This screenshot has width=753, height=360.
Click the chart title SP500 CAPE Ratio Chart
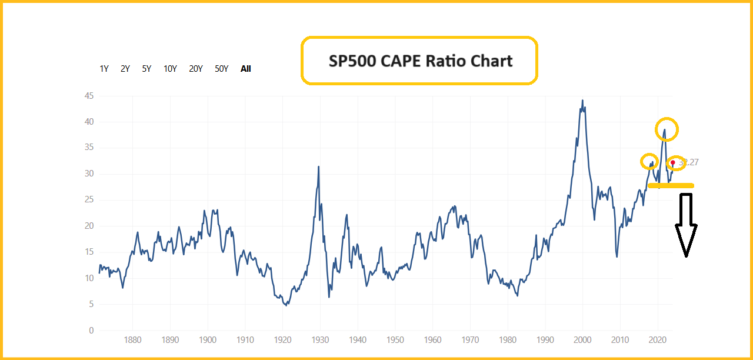[420, 61]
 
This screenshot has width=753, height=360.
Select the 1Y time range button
[104, 69]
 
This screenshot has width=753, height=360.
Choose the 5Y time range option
[146, 69]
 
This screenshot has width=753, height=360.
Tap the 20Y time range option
[196, 69]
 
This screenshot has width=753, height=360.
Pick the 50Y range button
[221, 69]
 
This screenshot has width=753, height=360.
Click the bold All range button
[246, 69]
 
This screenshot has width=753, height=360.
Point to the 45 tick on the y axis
[89, 96]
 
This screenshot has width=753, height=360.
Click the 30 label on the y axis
[89, 174]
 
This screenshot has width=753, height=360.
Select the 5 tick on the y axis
[91, 305]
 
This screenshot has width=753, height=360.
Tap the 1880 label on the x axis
[132, 340]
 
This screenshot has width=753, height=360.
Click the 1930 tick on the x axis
[320, 340]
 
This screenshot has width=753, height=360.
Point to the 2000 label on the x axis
[582, 340]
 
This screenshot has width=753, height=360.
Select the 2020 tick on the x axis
[657, 340]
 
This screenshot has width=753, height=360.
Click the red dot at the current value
[673, 163]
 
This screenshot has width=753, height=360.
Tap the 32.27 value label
[689, 162]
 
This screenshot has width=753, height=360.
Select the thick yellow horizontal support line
[671, 186]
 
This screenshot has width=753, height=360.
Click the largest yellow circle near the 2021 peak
[667, 129]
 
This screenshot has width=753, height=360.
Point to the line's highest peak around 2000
[582, 101]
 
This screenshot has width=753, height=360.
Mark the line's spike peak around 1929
[319, 166]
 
